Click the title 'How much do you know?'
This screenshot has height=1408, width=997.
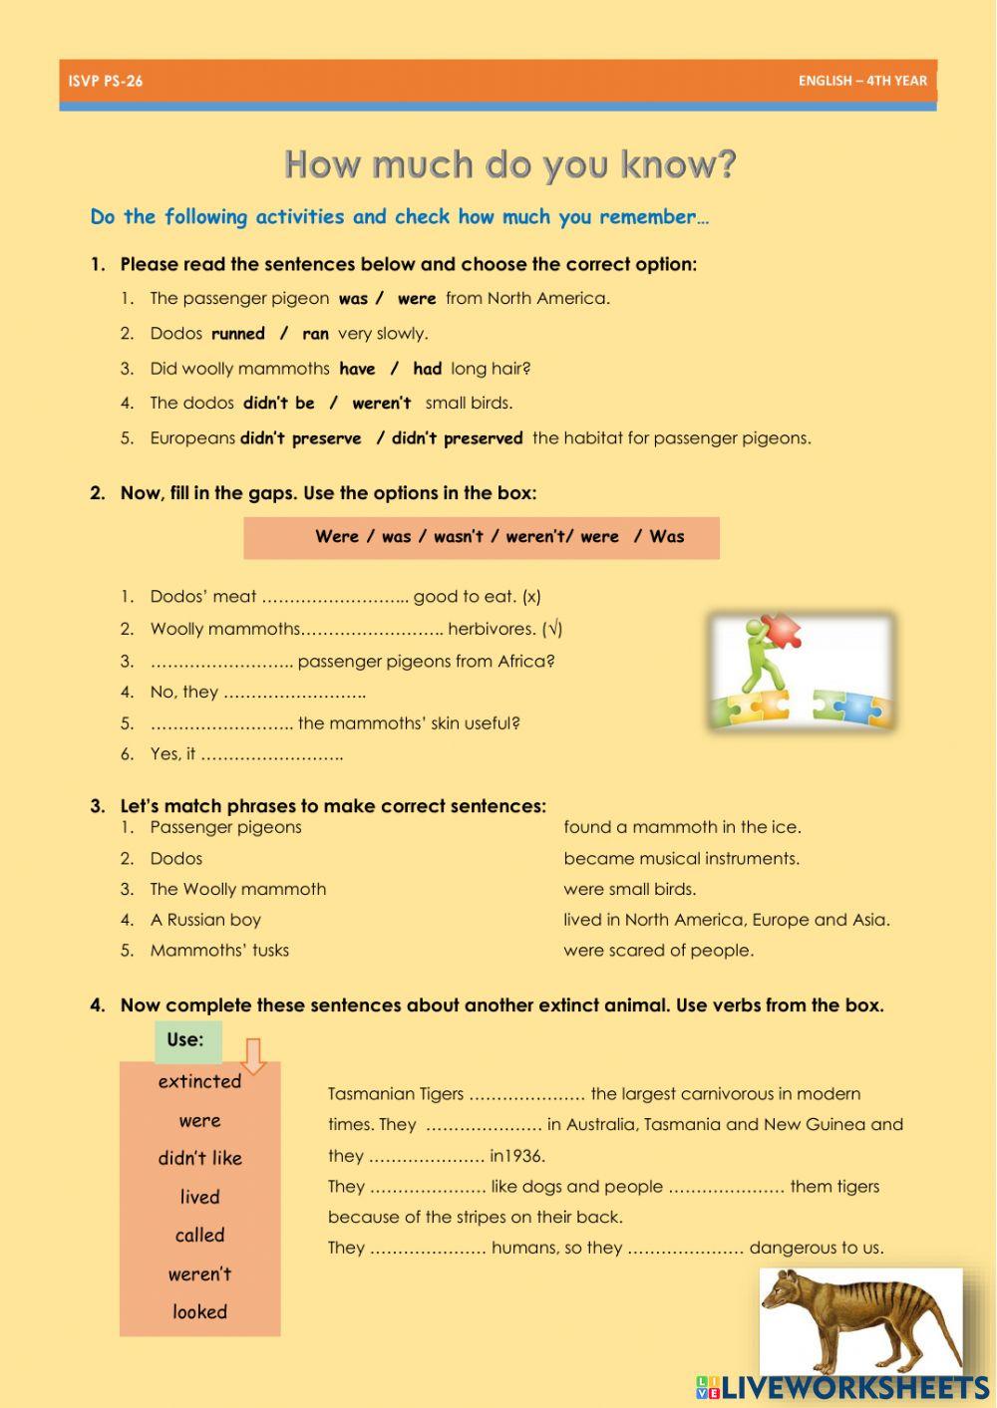(x=509, y=164)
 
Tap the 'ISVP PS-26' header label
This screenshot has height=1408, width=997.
(x=106, y=81)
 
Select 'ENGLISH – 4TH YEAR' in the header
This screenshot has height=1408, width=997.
(x=862, y=81)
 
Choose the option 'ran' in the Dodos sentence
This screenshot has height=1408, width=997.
(x=315, y=334)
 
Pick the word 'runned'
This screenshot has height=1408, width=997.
(x=238, y=334)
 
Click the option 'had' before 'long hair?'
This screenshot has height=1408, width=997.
(x=427, y=369)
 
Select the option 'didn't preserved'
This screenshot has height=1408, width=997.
(x=457, y=438)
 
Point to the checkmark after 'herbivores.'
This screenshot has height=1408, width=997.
(x=553, y=629)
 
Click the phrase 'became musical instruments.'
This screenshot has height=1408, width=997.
(x=681, y=858)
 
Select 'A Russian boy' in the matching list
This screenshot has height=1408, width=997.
(x=205, y=920)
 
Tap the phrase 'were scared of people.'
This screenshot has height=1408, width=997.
(x=658, y=951)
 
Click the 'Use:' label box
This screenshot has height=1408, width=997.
(x=186, y=1040)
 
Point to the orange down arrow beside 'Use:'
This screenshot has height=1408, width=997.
(x=253, y=1056)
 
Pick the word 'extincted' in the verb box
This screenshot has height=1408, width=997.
(x=199, y=1081)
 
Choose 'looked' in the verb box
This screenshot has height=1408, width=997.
(x=199, y=1312)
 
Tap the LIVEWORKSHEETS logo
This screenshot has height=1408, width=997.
(x=842, y=1388)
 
